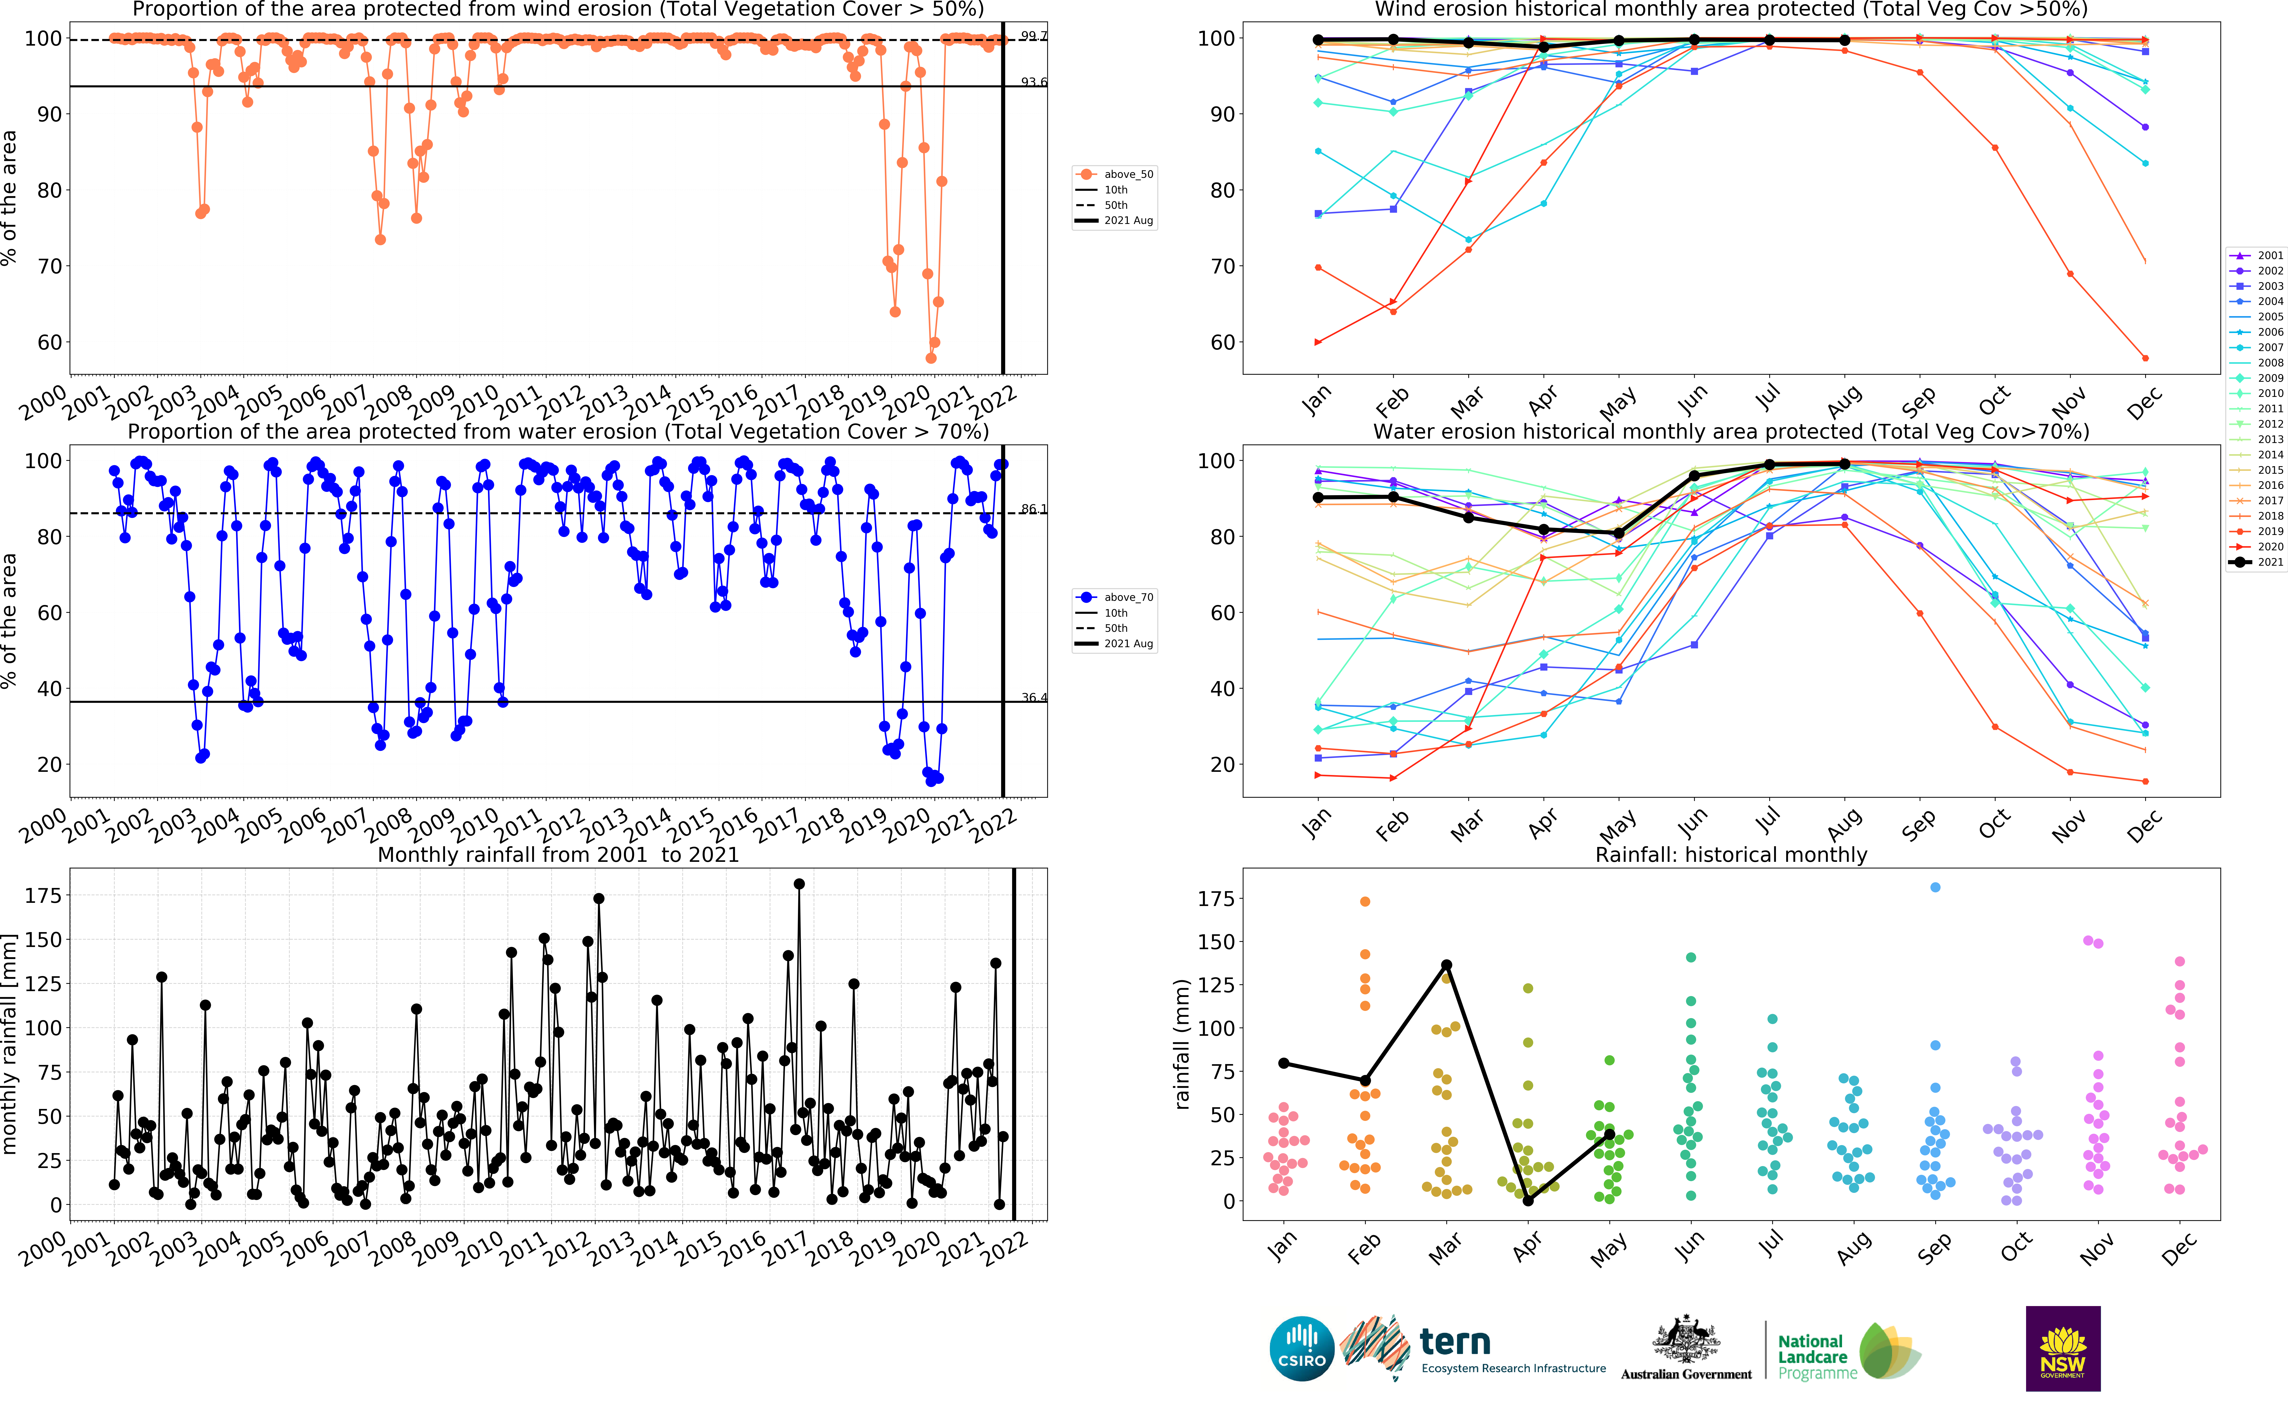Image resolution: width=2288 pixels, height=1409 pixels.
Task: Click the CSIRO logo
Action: [1302, 1349]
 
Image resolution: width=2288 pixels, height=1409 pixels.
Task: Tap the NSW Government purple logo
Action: [2062, 1349]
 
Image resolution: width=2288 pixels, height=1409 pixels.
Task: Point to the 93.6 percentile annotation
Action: [1033, 82]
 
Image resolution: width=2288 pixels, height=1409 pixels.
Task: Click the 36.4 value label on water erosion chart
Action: [1033, 697]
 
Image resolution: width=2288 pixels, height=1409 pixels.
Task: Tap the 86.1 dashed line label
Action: [1033, 509]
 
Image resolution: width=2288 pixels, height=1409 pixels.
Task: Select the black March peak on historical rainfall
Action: [1446, 966]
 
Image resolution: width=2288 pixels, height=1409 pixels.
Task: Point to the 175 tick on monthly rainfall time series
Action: [43, 896]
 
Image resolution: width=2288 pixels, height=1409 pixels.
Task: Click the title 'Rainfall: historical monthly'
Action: [1730, 855]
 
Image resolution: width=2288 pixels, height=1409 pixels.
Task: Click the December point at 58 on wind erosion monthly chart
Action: [2145, 358]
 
